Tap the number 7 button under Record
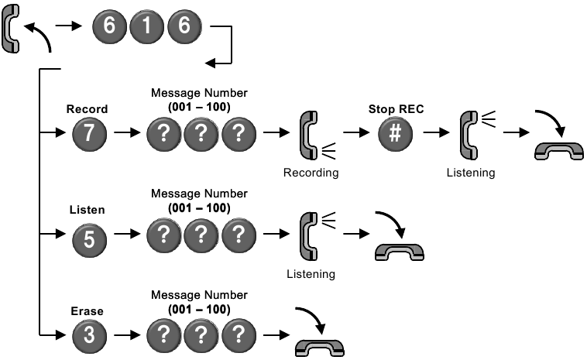tap(88, 134)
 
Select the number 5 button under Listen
tap(88, 238)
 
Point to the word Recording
tap(311, 173)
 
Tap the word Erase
tap(87, 311)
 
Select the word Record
tap(88, 109)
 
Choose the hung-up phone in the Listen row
tap(399, 250)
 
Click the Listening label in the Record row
tap(470, 173)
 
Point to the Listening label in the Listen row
tap(311, 273)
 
